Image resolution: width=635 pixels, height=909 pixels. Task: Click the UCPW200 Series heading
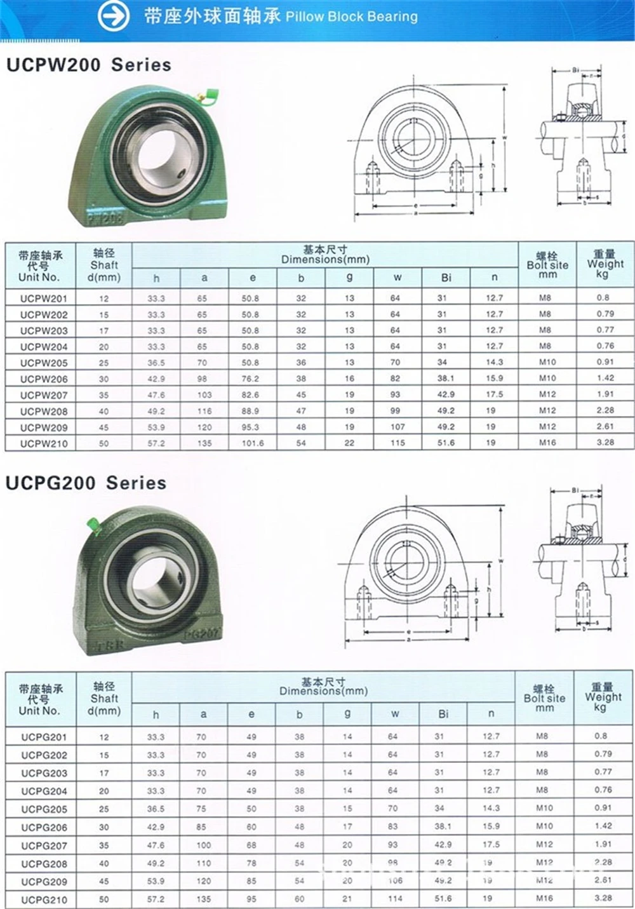click(x=89, y=65)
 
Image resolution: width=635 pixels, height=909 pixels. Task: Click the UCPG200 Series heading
click(x=86, y=483)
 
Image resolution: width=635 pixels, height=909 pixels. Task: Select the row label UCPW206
click(x=43, y=379)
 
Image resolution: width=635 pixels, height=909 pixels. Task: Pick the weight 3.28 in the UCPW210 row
click(x=605, y=443)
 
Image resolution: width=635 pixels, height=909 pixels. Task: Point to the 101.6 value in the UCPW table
click(x=252, y=443)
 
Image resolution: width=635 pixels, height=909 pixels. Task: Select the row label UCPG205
click(x=43, y=809)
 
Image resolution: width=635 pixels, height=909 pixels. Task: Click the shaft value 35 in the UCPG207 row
click(x=104, y=845)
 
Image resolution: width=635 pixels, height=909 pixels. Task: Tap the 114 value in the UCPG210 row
click(x=395, y=899)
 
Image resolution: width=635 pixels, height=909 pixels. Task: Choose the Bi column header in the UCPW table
click(x=446, y=278)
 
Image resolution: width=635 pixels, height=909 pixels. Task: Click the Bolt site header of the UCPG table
click(x=544, y=698)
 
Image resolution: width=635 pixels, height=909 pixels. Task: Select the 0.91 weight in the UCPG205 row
click(x=603, y=808)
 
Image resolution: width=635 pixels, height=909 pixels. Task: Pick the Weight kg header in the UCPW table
click(x=605, y=264)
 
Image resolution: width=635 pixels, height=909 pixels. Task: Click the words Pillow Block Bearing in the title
click(x=352, y=17)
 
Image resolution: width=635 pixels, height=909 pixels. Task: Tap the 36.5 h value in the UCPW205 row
click(x=156, y=363)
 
